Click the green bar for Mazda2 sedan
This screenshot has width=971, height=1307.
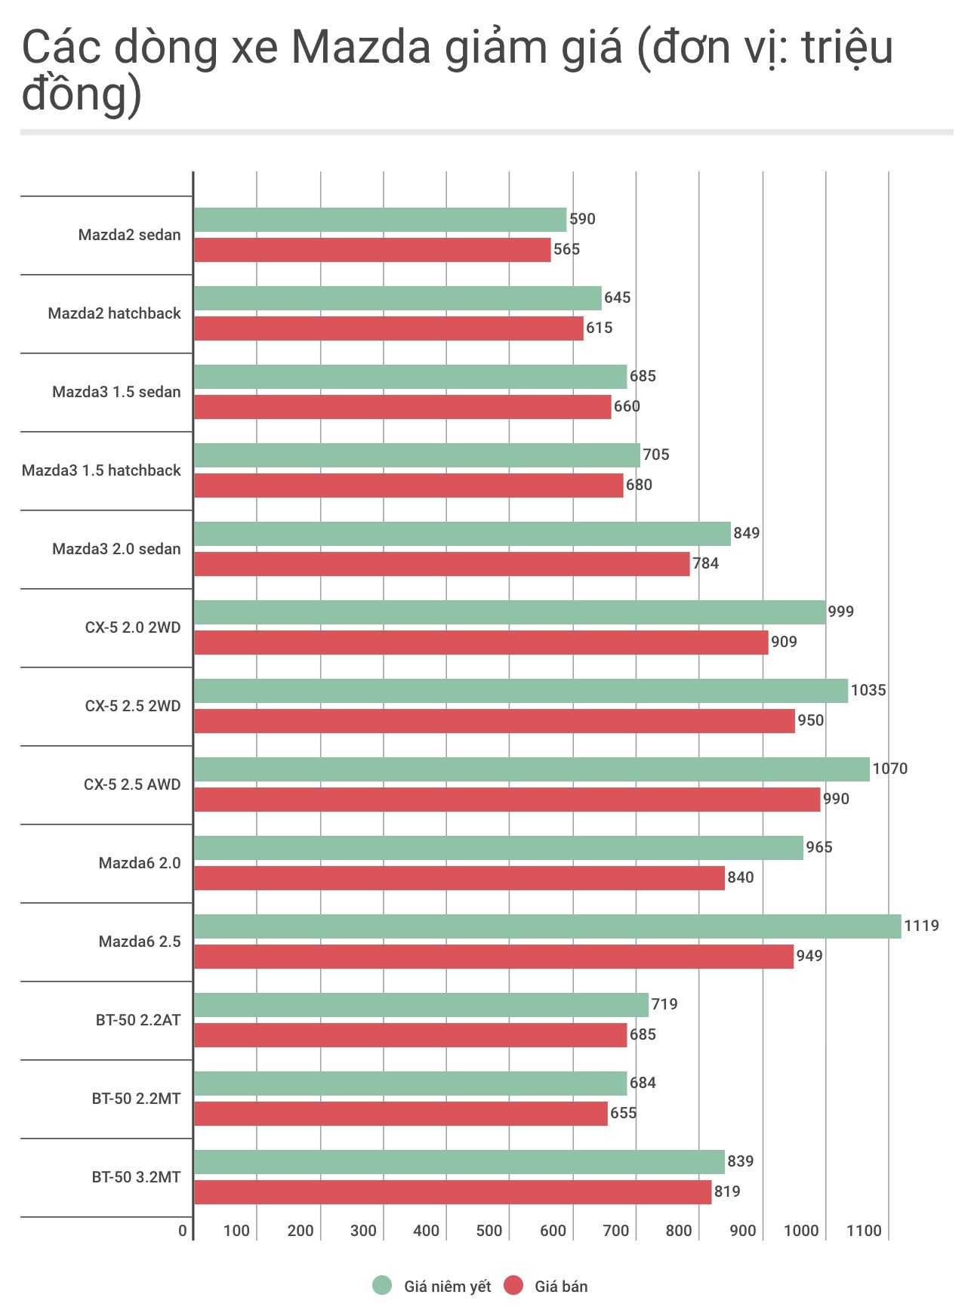coord(380,220)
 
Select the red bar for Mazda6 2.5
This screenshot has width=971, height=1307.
coord(494,957)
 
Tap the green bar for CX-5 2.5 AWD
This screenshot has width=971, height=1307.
coord(532,769)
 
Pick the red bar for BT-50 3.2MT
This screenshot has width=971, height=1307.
coord(452,1192)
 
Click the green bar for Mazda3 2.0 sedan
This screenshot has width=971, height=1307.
coord(462,534)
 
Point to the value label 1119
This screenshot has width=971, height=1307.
coord(921,926)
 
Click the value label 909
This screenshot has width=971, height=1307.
coord(784,642)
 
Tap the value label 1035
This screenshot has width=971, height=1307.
coord(868,690)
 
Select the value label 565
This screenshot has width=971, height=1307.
coord(566,249)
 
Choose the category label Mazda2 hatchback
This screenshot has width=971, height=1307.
coord(114,313)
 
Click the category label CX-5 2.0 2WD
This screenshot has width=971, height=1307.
coord(133,627)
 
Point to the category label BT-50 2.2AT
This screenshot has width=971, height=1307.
coord(138,1020)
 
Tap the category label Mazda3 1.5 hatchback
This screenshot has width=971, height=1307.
coord(101,470)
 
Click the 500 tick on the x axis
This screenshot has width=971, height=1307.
coord(489,1231)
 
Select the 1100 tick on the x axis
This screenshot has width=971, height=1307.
coord(864,1231)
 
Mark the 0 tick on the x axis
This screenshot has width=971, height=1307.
coord(183,1231)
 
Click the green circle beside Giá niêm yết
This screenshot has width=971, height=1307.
coord(383,1286)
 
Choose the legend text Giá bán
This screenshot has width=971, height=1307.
coord(561,1287)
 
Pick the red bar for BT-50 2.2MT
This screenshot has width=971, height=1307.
coord(400,1114)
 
